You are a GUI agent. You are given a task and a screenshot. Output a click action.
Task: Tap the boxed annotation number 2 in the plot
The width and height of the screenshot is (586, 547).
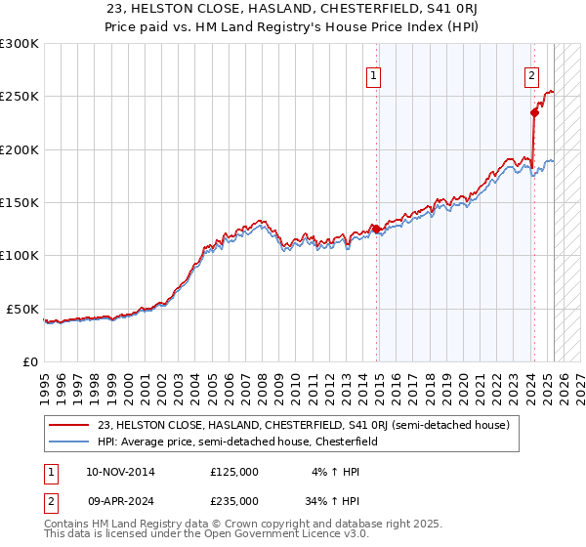pos(531,75)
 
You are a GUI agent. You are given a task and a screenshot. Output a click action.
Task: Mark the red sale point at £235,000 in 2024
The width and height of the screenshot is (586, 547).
pos(534,112)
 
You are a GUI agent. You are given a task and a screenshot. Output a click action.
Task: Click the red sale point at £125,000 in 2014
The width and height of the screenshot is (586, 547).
pos(377,230)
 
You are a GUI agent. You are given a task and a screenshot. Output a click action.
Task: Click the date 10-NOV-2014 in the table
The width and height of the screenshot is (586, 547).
pos(120,472)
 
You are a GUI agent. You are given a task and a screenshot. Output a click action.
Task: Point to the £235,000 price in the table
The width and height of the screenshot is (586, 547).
pos(233,501)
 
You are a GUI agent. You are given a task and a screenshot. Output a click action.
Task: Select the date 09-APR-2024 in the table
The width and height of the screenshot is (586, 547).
pos(120,501)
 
